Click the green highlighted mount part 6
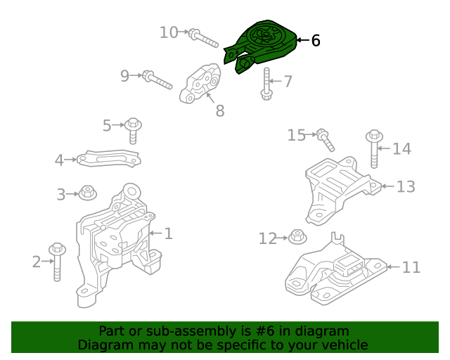(262, 44)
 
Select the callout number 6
(315, 41)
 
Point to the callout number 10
(169, 32)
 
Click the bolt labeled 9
(157, 79)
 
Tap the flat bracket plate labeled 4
(108, 160)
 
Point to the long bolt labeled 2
(56, 262)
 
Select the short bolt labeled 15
(326, 139)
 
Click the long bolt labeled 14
(374, 148)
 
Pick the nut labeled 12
(297, 238)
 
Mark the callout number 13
(406, 186)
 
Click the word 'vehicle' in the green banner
(344, 345)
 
